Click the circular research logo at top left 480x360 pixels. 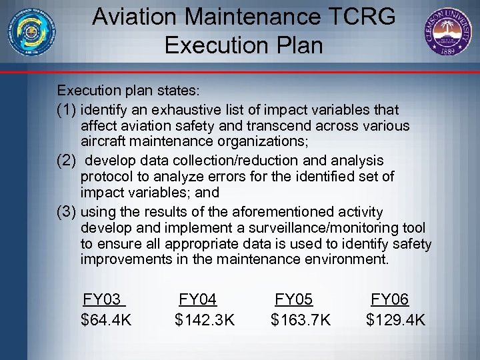(x=31, y=31)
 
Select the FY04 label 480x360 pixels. (x=198, y=300)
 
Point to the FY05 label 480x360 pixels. (x=294, y=300)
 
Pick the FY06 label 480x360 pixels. (x=390, y=300)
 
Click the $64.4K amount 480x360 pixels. (x=106, y=321)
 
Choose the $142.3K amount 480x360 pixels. (x=205, y=321)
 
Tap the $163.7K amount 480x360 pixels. (x=301, y=321)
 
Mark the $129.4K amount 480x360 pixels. (x=396, y=321)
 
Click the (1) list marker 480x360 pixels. (x=67, y=109)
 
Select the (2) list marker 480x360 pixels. (x=67, y=161)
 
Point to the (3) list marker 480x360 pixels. (x=67, y=212)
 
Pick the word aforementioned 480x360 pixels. (x=281, y=212)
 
